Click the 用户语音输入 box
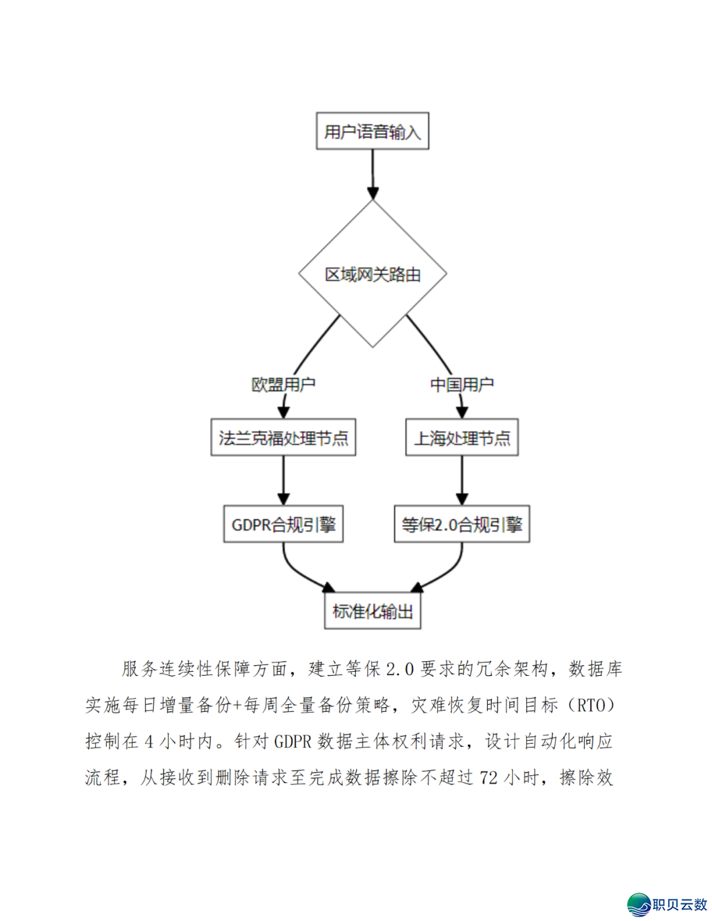(372, 131)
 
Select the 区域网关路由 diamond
(372, 274)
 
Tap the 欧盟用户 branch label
(283, 384)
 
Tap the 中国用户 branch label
(461, 384)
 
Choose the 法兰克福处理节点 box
(283, 438)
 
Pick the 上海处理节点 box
(461, 438)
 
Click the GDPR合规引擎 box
(283, 524)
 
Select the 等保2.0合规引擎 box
(461, 524)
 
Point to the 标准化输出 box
(372, 611)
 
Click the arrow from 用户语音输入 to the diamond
(372, 173)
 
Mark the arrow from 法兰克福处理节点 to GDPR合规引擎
(283, 480)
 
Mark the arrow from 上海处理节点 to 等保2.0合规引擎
(461, 480)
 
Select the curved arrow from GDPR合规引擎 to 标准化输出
(298, 575)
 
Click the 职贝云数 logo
(667, 904)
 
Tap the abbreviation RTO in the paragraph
(591, 705)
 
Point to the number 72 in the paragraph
(489, 778)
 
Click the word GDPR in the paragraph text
(292, 742)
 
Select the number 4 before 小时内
(149, 742)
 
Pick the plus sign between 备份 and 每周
(237, 705)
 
